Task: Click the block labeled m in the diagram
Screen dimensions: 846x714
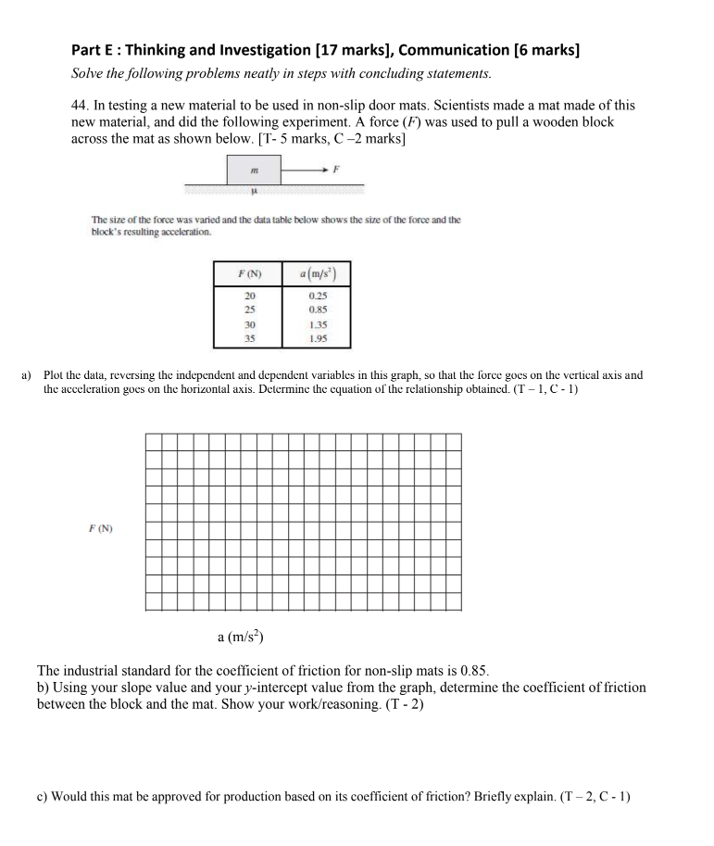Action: tap(254, 170)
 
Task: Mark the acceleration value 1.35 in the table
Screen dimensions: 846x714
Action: tap(317, 325)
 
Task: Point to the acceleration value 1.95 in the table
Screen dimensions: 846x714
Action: tap(317, 339)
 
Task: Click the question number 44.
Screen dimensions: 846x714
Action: tap(81, 107)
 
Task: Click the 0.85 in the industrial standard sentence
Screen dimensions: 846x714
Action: tap(470, 670)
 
